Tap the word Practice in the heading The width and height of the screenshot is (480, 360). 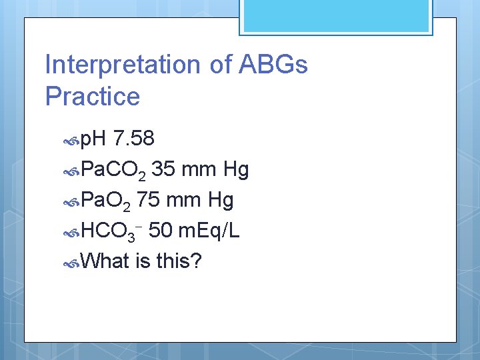(x=93, y=97)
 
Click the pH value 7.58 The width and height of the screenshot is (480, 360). (x=134, y=139)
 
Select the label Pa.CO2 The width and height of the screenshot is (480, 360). (x=113, y=171)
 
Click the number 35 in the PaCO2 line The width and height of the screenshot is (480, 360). (x=164, y=169)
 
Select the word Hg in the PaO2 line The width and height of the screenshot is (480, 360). (x=220, y=201)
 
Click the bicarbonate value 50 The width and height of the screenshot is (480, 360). (x=161, y=231)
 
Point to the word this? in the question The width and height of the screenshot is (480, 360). (x=179, y=261)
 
